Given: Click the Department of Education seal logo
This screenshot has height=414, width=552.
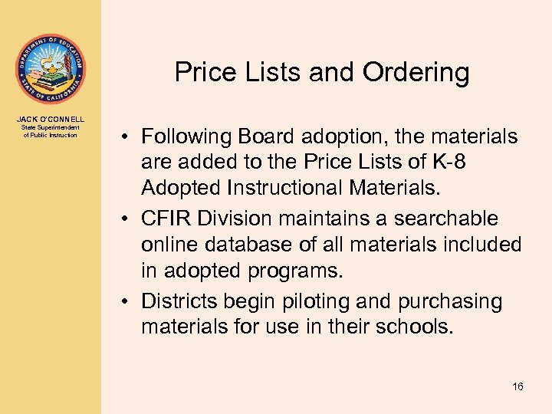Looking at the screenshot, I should click(x=51, y=68).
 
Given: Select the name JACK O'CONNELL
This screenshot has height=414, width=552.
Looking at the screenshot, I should click(x=51, y=119).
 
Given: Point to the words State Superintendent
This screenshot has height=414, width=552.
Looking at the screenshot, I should click(x=51, y=127).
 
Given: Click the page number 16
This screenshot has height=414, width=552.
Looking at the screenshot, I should click(x=517, y=386).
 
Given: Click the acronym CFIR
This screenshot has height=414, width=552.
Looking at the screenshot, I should click(x=167, y=219).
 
